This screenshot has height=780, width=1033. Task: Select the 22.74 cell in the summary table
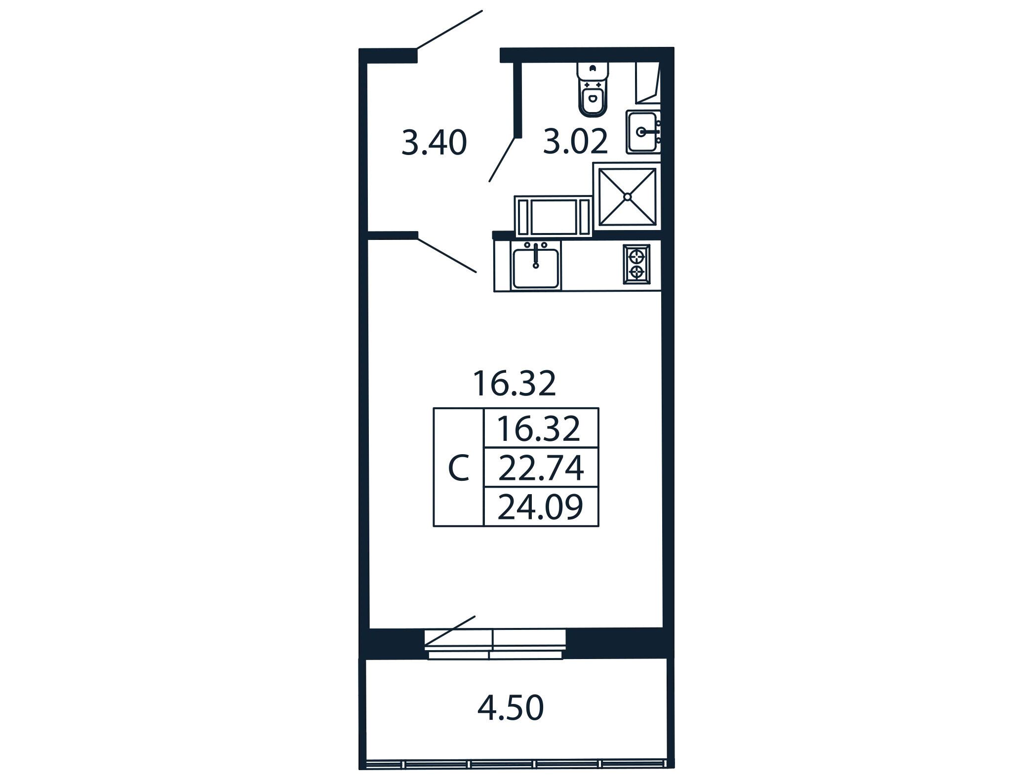[541, 468]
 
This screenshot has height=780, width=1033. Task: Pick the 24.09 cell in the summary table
[541, 507]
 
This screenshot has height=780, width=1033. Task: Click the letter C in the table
[458, 468]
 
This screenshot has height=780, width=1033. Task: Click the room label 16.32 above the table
[515, 384]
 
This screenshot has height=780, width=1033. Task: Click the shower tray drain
[627, 196]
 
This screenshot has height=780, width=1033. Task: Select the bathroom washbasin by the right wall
[643, 132]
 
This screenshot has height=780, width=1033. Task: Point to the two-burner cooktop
[636, 264]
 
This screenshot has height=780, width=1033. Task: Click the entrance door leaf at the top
[449, 30]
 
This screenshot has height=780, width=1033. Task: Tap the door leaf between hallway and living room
[447, 256]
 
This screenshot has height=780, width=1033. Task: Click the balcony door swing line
[450, 630]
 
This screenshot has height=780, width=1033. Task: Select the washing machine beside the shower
[553, 216]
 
